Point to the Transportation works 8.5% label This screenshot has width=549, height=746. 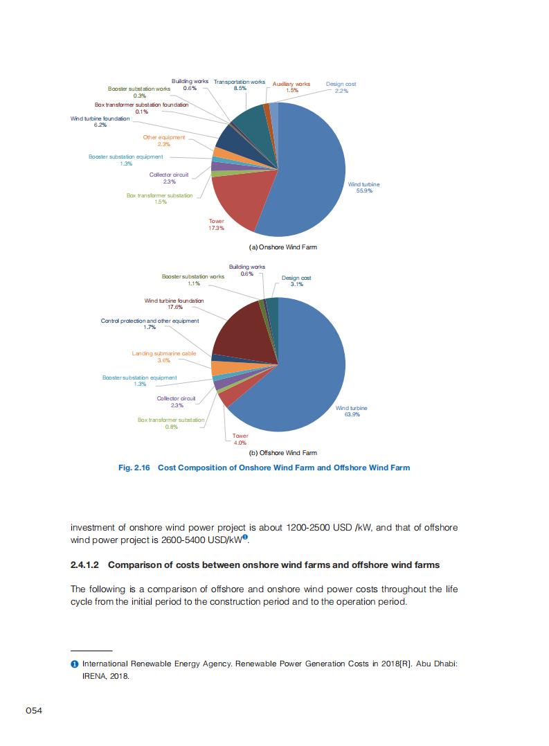pyautogui.click(x=240, y=85)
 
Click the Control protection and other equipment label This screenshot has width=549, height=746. pyautogui.click(x=150, y=323)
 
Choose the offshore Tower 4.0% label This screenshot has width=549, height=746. pyautogui.click(x=240, y=439)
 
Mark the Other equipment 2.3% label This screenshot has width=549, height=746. pyautogui.click(x=164, y=141)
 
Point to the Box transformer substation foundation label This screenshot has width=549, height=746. pyautogui.click(x=141, y=107)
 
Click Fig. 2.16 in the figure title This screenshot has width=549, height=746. pyautogui.click(x=134, y=468)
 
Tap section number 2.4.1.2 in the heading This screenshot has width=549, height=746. pyautogui.click(x=87, y=565)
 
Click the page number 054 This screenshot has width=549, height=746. pyautogui.click(x=35, y=711)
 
